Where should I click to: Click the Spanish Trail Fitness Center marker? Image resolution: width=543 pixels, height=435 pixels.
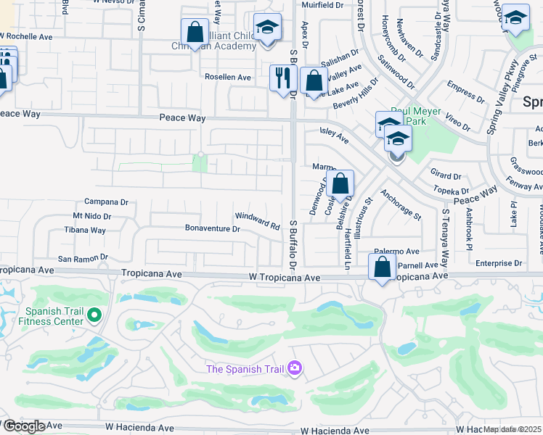[x=94, y=315]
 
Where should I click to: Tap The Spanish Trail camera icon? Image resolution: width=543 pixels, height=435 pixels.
[x=294, y=369]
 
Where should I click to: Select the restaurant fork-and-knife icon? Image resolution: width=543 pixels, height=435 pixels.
[x=283, y=78]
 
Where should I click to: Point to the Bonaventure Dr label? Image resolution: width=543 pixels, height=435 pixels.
[x=213, y=229]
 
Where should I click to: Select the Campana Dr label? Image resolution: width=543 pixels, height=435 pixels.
[x=106, y=202]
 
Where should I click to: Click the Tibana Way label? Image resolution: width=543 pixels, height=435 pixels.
[x=85, y=231]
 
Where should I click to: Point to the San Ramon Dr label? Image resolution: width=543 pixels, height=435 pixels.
[x=83, y=257]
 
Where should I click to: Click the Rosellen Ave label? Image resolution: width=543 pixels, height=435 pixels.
[x=228, y=77]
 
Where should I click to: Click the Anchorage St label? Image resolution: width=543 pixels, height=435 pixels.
[x=401, y=205]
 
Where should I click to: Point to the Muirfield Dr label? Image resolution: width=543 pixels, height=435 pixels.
[x=324, y=5]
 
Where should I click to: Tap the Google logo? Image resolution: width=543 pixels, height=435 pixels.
[x=24, y=426]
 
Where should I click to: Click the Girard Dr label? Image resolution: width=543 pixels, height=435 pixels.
[x=446, y=175]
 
